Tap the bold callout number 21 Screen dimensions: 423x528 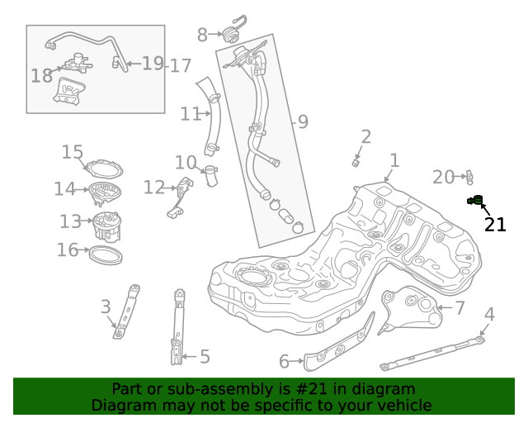point(495,225)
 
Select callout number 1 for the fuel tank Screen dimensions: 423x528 point(394,160)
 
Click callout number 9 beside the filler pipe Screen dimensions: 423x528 point(303,122)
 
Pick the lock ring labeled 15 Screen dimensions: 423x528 point(105,169)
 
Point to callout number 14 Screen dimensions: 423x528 point(64,189)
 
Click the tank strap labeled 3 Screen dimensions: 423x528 point(125,312)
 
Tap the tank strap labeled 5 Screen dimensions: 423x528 point(177,326)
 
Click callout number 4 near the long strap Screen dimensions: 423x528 point(489,314)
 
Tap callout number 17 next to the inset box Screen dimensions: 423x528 point(181,65)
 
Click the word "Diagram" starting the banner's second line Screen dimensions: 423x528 point(121,406)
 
